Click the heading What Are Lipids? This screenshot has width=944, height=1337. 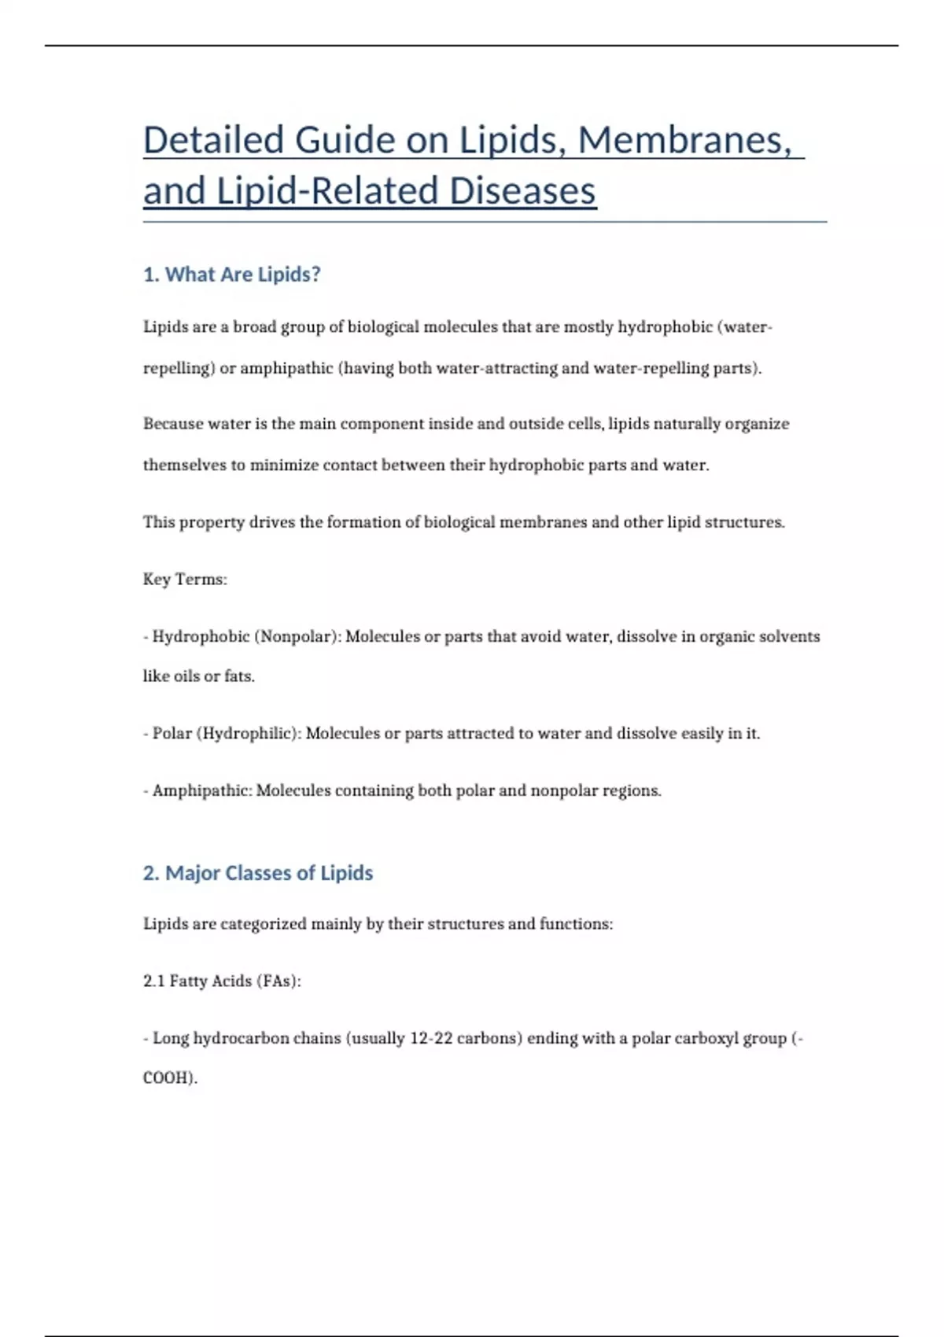232,274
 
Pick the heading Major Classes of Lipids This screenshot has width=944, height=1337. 258,873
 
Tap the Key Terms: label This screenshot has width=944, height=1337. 185,580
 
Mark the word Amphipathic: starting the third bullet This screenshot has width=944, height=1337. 202,790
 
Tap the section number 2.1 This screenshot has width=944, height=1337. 153,982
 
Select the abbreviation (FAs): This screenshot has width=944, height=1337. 278,982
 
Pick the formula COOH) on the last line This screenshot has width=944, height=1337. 169,1078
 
